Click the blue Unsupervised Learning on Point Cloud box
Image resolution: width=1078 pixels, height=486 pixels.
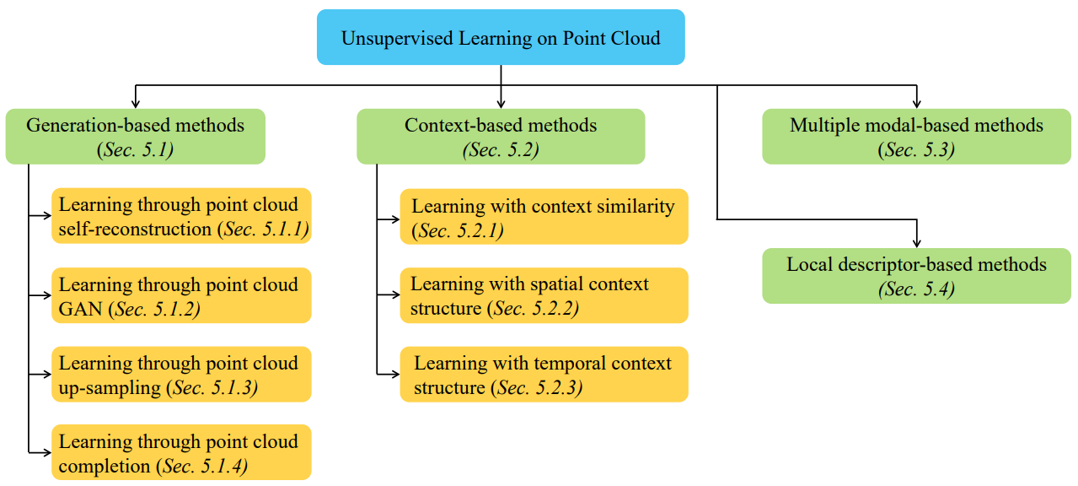501,37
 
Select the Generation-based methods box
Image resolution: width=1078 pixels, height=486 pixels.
135,137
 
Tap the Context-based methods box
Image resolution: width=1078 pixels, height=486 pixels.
501,137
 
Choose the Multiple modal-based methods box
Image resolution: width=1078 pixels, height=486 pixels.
916,137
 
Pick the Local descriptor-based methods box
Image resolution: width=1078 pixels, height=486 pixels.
916,276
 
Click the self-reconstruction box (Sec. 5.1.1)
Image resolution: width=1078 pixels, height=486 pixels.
181,216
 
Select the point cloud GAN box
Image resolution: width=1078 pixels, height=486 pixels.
181,295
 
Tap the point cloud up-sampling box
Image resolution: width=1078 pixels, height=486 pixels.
181,375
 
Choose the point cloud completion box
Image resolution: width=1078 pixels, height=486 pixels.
181,452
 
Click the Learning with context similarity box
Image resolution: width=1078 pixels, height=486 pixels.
544,217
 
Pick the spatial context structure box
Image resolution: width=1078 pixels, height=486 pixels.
544,295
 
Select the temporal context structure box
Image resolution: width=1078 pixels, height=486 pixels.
544,375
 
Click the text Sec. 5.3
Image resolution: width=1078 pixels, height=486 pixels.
916,150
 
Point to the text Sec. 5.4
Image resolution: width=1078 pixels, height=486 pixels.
916,289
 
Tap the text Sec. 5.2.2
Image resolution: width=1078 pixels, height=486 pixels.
534,308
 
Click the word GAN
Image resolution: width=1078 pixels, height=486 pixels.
80,309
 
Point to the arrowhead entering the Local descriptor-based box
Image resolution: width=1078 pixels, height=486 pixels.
917,243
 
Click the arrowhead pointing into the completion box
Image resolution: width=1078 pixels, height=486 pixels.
46,452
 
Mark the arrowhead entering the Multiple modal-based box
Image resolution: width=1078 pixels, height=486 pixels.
917,104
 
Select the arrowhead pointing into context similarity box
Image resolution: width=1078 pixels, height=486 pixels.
395,219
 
